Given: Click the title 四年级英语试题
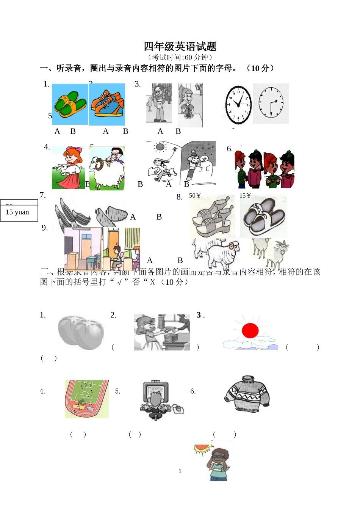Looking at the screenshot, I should (x=180, y=47).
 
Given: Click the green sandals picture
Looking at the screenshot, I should (x=70, y=104).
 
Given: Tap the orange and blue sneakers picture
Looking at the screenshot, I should (x=107, y=104).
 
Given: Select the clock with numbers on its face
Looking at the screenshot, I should (x=238, y=104).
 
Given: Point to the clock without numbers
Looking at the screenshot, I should (x=271, y=104).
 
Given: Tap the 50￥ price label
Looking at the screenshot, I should (x=195, y=196).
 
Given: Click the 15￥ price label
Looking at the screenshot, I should (x=245, y=196).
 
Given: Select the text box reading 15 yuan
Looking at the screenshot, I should (x=19, y=212).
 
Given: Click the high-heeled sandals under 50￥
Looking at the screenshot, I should (x=212, y=217).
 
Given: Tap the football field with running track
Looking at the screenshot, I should (x=87, y=399).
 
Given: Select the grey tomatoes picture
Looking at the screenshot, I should (x=81, y=331).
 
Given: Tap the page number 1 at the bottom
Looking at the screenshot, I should (x=180, y=471).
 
